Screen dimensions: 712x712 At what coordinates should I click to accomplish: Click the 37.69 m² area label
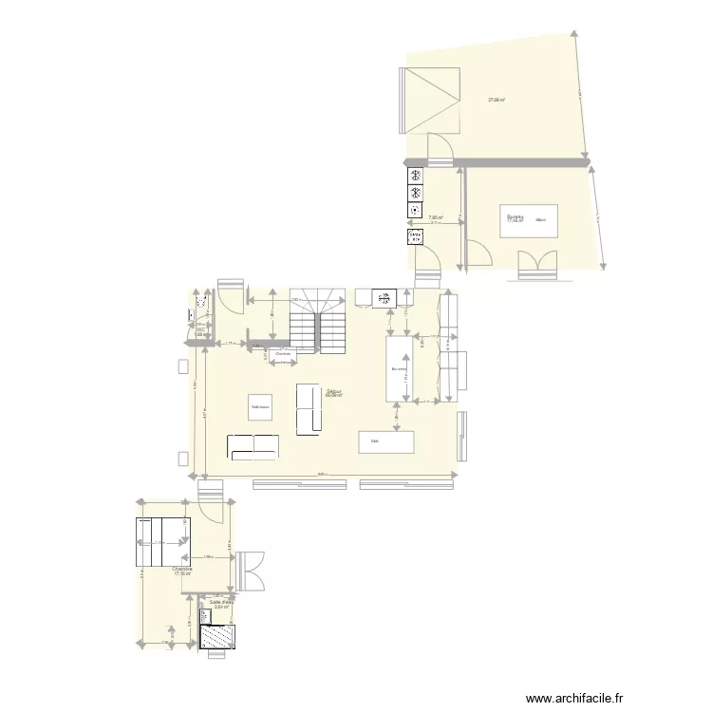coord(496,100)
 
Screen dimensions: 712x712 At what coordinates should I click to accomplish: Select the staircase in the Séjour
coord(317,321)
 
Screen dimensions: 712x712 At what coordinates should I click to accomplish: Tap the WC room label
coord(200,330)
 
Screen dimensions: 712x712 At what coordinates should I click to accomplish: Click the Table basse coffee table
coord(260,407)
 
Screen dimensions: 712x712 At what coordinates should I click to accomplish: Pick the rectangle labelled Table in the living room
coord(386,441)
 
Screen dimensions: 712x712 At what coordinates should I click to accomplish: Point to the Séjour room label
coord(333,392)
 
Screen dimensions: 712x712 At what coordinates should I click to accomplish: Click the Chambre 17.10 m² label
coord(183,571)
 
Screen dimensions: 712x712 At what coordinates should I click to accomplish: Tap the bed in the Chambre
coord(162,543)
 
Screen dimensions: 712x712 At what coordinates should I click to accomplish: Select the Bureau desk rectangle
coord(530,221)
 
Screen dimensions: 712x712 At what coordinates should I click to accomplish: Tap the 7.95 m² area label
coord(436,217)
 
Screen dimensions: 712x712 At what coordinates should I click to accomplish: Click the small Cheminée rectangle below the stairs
coord(283,355)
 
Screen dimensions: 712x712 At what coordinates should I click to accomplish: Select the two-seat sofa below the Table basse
coord(253,445)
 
